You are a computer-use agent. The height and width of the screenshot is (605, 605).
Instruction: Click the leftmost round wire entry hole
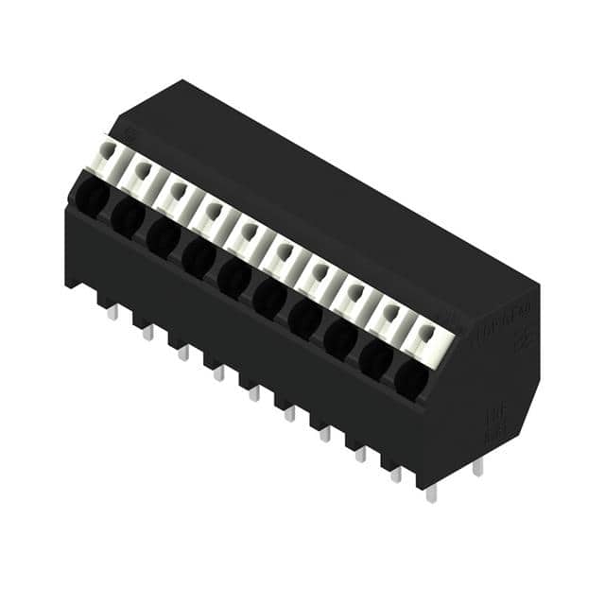click(x=92, y=197)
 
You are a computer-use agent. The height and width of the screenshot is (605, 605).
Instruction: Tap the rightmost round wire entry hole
click(x=410, y=379)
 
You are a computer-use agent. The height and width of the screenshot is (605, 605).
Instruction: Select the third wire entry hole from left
click(x=163, y=237)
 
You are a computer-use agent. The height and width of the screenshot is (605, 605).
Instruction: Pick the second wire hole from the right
click(x=375, y=359)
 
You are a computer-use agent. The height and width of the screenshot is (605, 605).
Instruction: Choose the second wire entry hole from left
click(x=127, y=217)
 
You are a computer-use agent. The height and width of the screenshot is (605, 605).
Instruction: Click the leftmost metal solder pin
click(x=112, y=311)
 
